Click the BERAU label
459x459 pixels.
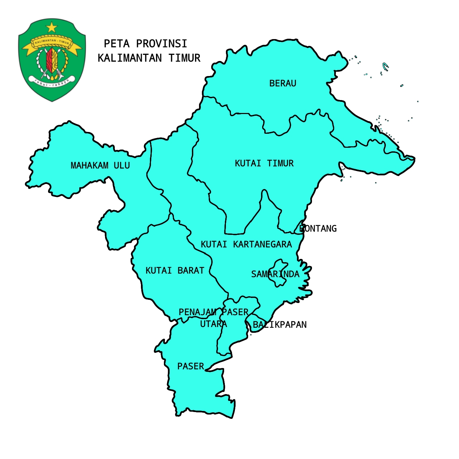[283, 83]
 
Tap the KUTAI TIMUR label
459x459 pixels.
[264, 164]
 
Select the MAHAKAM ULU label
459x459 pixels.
[100, 165]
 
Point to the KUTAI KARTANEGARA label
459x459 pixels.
[246, 244]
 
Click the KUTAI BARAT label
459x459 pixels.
[175, 270]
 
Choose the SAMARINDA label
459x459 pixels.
[275, 274]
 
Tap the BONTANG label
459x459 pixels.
[318, 228]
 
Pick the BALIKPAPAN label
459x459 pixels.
[280, 325]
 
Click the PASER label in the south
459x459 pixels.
[190, 366]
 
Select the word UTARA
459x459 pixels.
[213, 324]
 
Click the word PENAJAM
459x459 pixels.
[198, 312]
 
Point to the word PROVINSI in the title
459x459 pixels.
[161, 44]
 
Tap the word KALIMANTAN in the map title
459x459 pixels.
[130, 58]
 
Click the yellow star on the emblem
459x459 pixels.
[52, 27]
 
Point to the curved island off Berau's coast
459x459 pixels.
[385, 66]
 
